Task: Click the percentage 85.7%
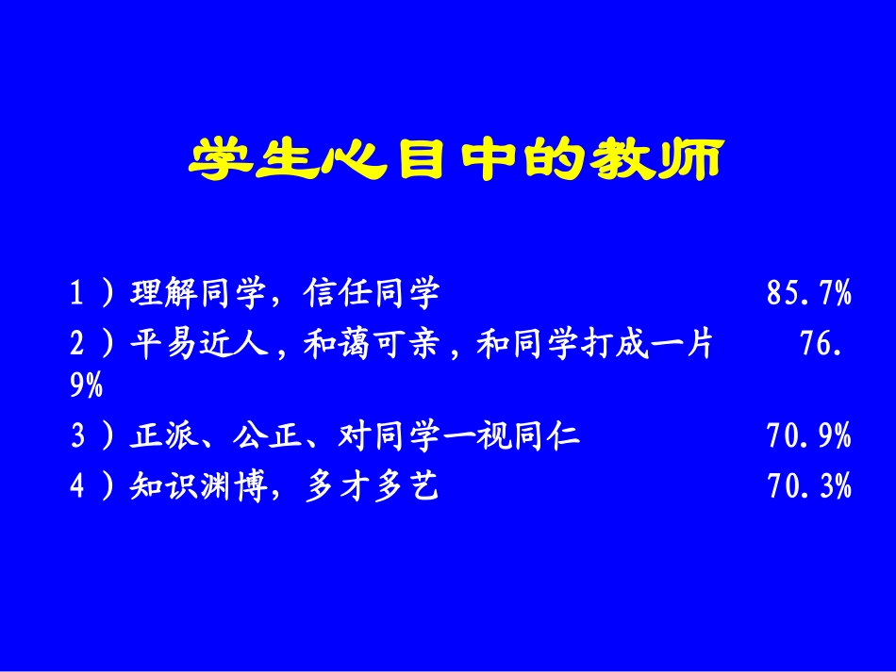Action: (809, 295)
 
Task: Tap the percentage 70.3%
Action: (809, 486)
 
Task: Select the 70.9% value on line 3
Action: (809, 436)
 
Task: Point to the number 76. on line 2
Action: (821, 345)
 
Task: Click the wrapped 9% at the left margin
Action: (87, 386)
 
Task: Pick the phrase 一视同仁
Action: (513, 436)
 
